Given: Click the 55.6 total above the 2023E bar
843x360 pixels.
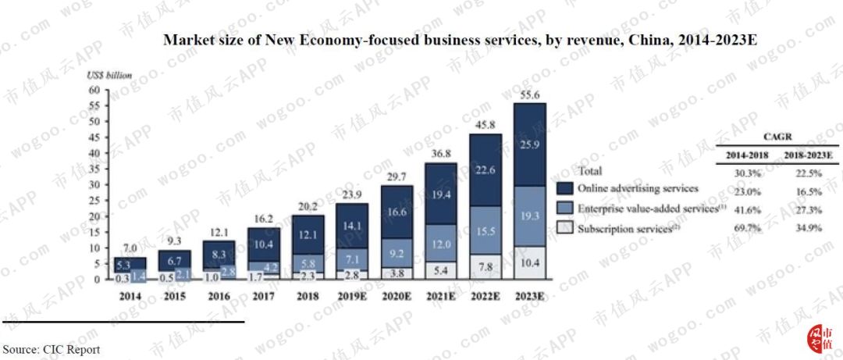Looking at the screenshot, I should tap(530, 94).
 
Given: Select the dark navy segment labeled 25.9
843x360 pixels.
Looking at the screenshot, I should tap(530, 144).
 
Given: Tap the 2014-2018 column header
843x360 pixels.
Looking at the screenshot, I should tap(747, 155).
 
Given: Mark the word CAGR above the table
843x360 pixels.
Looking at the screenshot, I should tap(776, 135).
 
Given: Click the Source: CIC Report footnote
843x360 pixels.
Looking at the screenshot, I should tap(51, 349).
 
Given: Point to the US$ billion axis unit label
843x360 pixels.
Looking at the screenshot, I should tap(109, 76).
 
